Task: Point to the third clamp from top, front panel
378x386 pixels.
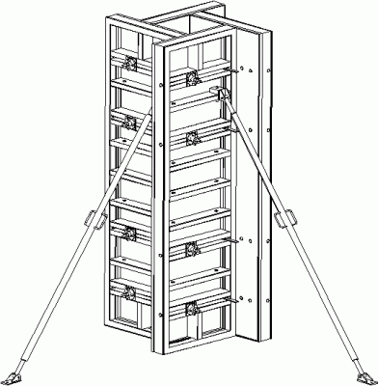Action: coord(192,247)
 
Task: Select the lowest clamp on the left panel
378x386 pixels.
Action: coord(125,289)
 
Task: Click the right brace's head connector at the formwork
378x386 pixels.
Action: coord(224,93)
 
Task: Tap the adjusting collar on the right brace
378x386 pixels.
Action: coord(284,220)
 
